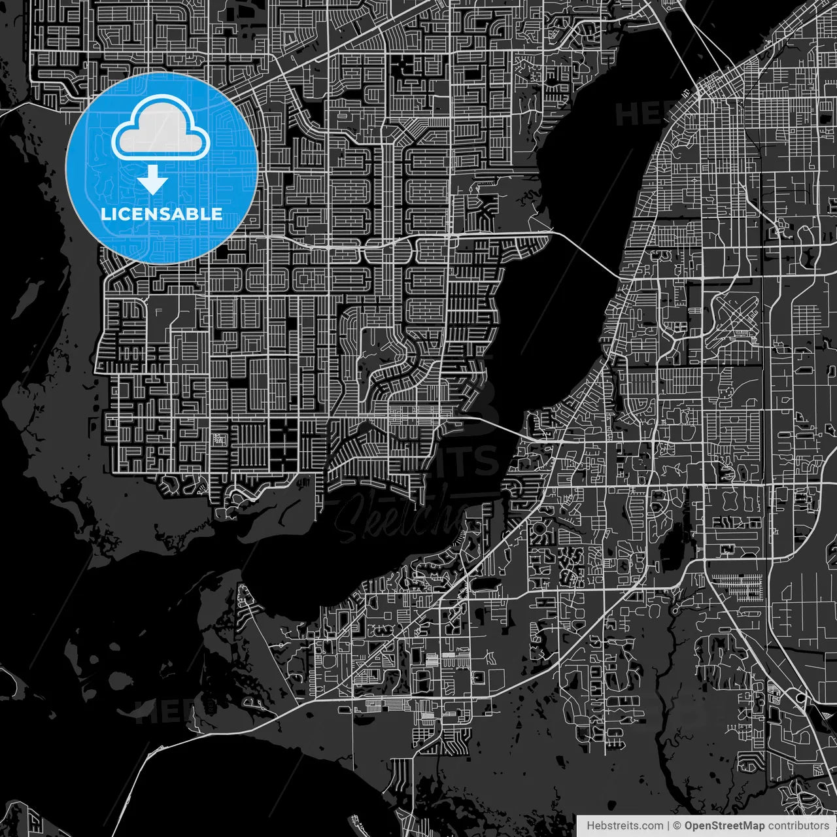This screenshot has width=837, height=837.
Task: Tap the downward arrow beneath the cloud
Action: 152,180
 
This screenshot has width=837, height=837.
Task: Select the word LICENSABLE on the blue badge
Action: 162,214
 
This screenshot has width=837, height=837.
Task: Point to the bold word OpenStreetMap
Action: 724,826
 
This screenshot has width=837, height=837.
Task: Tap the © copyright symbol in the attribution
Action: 677,826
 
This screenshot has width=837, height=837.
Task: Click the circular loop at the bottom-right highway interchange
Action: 800,698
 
